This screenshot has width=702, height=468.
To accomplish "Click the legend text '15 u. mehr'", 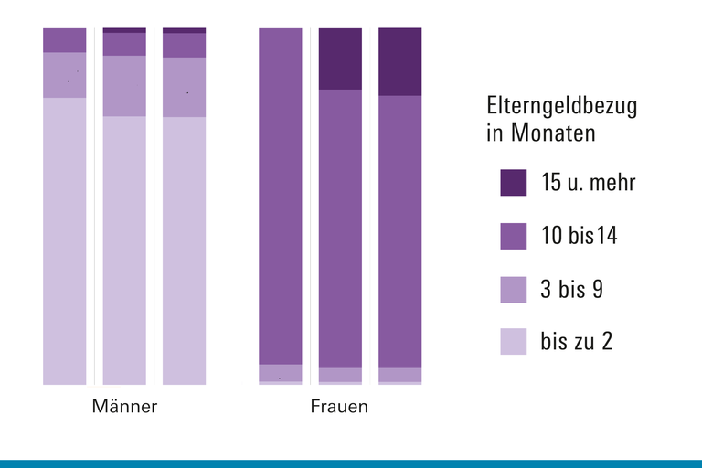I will pyautogui.click(x=588, y=182).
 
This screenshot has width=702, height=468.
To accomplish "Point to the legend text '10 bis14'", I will pyautogui.click(x=579, y=236).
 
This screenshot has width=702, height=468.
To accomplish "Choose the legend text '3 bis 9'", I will pyautogui.click(x=571, y=290).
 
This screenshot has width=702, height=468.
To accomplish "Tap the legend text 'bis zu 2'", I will pyautogui.click(x=576, y=342).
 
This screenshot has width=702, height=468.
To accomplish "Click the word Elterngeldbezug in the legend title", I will pyautogui.click(x=561, y=106).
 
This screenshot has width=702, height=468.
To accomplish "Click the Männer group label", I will pyautogui.click(x=124, y=407).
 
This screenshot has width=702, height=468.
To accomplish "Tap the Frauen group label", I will pyautogui.click(x=339, y=407).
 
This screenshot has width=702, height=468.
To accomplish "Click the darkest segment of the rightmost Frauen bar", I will pyautogui.click(x=400, y=61).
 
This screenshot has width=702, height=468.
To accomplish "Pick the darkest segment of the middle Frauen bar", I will pyautogui.click(x=340, y=58).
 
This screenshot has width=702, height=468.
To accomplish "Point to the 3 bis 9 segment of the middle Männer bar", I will pyautogui.click(x=124, y=86).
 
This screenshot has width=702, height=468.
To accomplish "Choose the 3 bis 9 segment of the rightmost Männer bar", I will pyautogui.click(x=185, y=87).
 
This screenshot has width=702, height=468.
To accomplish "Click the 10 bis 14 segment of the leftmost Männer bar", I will pyautogui.click(x=65, y=40).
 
